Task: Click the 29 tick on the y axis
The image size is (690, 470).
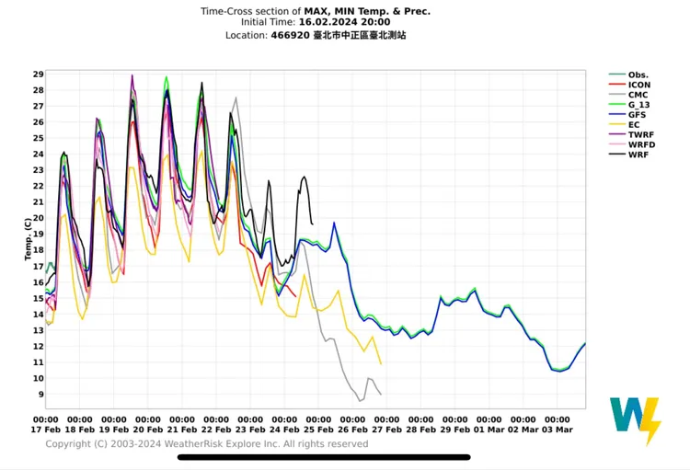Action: click(38, 75)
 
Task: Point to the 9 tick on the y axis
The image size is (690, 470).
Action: click(40, 395)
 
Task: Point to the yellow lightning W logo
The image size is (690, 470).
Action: click(635, 420)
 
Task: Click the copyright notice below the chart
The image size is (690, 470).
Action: click(207, 444)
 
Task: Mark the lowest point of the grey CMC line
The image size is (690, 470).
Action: click(360, 401)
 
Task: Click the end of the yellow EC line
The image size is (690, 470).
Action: click(381, 364)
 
